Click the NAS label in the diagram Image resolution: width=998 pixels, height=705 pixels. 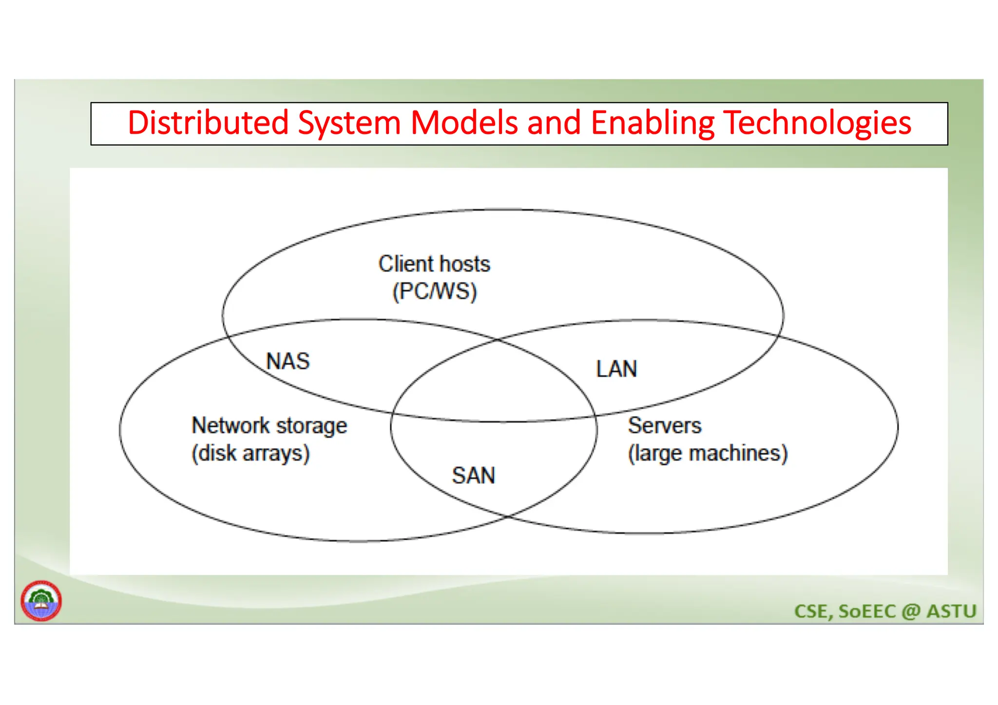coord(288,362)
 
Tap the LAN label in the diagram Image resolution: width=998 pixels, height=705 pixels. coord(616,369)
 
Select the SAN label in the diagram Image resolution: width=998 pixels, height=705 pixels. coord(473,476)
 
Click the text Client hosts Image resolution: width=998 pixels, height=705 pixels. coord(434,264)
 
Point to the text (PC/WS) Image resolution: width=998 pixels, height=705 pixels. coord(434,292)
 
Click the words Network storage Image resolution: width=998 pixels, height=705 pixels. coord(269,425)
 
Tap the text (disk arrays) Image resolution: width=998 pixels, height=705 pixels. coord(250,453)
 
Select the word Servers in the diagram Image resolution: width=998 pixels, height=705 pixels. coord(664,425)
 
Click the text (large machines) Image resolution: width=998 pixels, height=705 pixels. coord(708,453)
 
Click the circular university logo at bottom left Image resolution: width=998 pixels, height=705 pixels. coord(41,601)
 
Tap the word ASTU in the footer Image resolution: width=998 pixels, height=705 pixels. coord(951,611)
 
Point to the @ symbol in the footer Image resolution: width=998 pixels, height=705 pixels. coord(910,611)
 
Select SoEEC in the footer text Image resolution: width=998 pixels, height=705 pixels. coord(867,611)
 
